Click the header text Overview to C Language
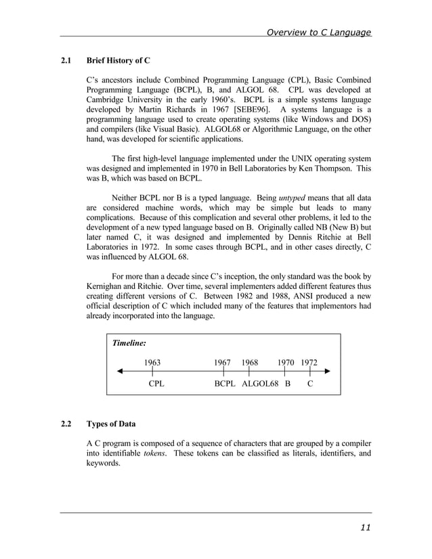point(318,32)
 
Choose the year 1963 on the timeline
point(152,362)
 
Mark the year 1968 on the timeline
point(249,362)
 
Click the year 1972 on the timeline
point(309,362)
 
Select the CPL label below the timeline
point(156,384)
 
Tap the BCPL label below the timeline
point(225,384)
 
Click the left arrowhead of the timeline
point(120,372)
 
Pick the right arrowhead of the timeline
point(327,372)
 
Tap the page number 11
point(364,528)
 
